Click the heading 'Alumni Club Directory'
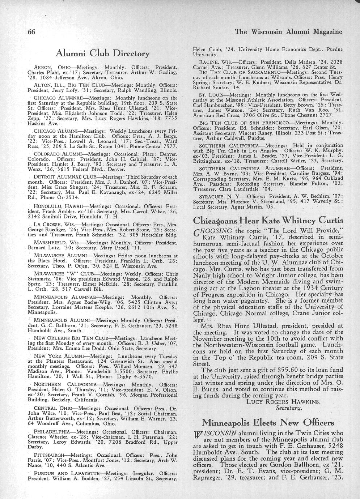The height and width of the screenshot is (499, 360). pos(102,54)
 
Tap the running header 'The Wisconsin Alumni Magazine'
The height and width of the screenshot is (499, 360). pos(288,31)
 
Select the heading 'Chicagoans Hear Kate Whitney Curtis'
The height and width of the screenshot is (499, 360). pos(267,220)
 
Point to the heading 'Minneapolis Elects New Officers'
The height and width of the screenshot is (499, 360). pos(268,422)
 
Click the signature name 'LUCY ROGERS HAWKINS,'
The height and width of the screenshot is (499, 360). pos(278,401)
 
